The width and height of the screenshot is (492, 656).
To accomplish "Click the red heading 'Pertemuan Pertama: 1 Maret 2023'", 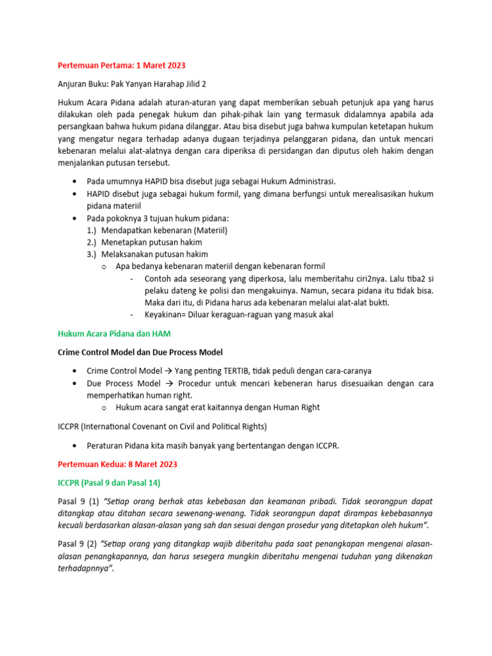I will (x=121, y=66).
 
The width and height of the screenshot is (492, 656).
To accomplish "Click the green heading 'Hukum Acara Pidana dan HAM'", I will (x=114, y=334).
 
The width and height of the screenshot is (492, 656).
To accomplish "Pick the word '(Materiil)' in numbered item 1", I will (x=206, y=230).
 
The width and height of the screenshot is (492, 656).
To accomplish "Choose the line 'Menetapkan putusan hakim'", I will (x=152, y=242).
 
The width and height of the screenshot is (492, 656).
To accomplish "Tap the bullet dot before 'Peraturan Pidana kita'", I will (x=77, y=446).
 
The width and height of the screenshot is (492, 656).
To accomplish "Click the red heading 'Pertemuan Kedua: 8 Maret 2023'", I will (x=117, y=464).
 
